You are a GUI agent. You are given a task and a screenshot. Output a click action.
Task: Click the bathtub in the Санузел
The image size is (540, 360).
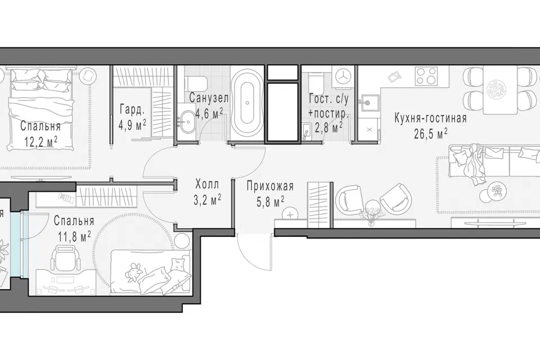pyautogui.click(x=247, y=104)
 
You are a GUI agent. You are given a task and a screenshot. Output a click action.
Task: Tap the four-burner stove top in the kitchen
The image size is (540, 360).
pyautogui.click(x=426, y=76)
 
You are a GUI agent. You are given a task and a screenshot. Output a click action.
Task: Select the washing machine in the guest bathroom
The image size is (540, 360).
pyautogui.click(x=343, y=76)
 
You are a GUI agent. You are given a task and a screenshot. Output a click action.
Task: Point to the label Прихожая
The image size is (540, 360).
pyautogui.click(x=270, y=186)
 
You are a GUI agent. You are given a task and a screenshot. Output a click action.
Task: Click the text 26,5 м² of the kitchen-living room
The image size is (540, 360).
pyautogui.click(x=430, y=133)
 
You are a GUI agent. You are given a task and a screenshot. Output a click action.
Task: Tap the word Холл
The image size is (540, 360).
pyautogui.click(x=206, y=184)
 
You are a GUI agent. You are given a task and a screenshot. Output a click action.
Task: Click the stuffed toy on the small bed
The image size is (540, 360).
pyautogui.click(x=134, y=271)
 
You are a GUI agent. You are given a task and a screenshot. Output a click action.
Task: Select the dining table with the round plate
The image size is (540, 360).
pyautogui.click(x=500, y=89)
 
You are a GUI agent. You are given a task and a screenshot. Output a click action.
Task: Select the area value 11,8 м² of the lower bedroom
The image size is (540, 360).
pyautogui.click(x=73, y=237)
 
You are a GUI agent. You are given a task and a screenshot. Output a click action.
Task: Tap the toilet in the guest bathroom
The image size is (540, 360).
pyautogui.click(x=316, y=83)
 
